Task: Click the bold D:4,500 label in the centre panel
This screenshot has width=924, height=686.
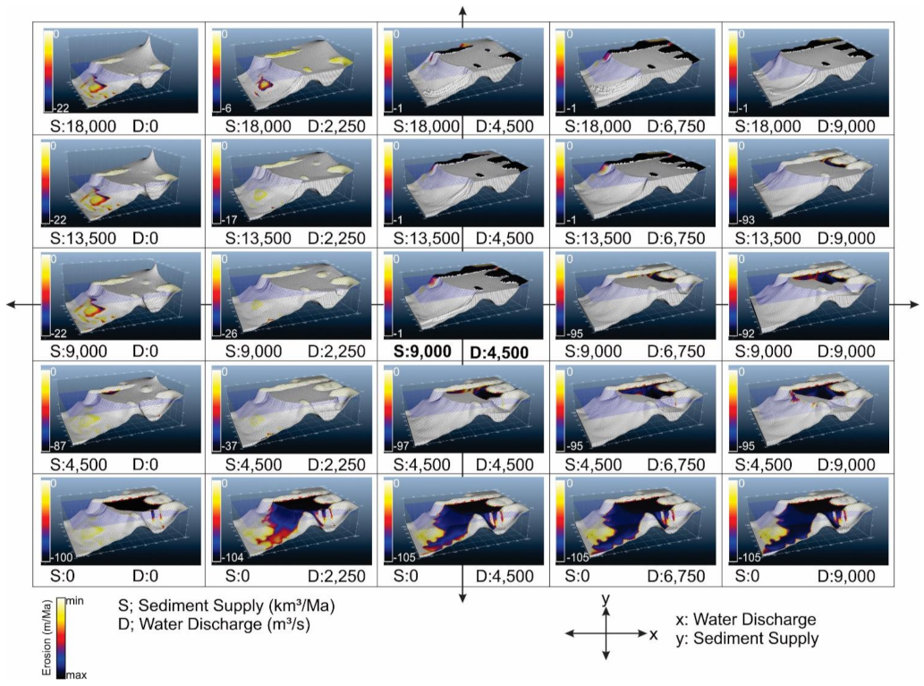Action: [498, 351]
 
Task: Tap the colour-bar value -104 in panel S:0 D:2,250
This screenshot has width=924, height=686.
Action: [226, 556]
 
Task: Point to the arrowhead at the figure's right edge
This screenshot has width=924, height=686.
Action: [912, 305]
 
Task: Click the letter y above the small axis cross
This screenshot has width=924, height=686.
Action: [606, 597]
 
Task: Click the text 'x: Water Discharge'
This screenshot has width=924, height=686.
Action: [747, 619]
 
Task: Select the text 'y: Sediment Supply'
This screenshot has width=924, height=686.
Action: [748, 639]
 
